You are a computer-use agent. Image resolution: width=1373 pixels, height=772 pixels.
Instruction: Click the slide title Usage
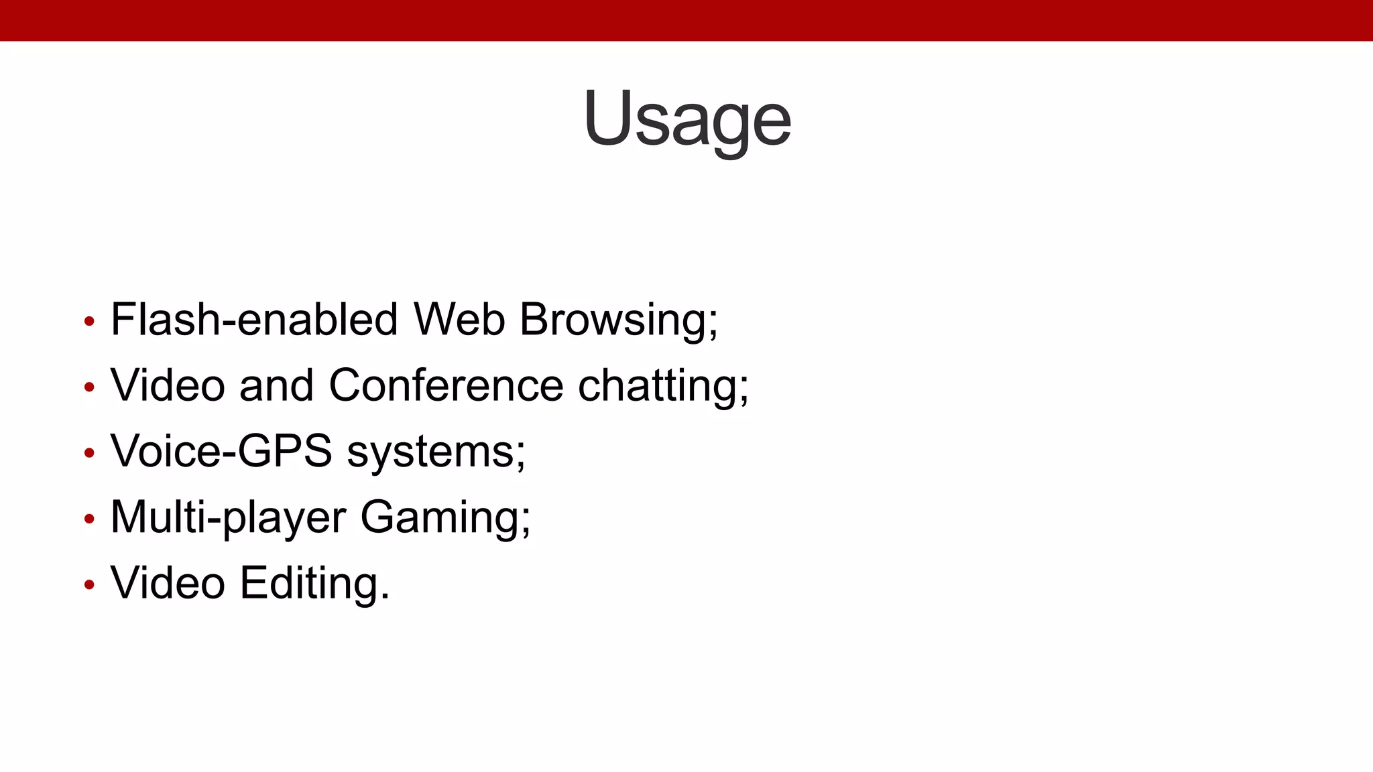687,119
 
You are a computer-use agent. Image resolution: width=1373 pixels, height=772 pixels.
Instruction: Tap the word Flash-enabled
254,319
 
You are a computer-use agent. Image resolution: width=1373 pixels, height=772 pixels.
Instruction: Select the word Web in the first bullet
459,319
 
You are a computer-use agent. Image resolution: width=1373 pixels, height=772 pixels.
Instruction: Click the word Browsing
617,320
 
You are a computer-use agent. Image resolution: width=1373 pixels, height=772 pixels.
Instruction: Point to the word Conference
446,385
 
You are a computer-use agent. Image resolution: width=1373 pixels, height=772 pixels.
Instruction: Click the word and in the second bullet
276,385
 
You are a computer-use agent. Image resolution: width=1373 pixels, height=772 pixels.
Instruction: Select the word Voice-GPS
221,451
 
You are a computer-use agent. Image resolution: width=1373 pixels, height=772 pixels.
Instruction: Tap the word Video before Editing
168,583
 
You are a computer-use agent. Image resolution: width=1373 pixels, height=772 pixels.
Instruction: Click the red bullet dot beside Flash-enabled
89,321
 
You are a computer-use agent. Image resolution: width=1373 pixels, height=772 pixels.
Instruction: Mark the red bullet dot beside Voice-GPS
89,453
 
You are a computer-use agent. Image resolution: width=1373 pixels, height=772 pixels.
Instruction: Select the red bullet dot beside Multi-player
89,519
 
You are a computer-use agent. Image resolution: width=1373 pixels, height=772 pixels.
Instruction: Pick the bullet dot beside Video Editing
89,584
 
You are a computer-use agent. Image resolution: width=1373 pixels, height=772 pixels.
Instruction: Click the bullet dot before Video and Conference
89,387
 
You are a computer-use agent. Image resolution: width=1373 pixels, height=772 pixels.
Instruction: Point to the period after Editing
385,596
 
